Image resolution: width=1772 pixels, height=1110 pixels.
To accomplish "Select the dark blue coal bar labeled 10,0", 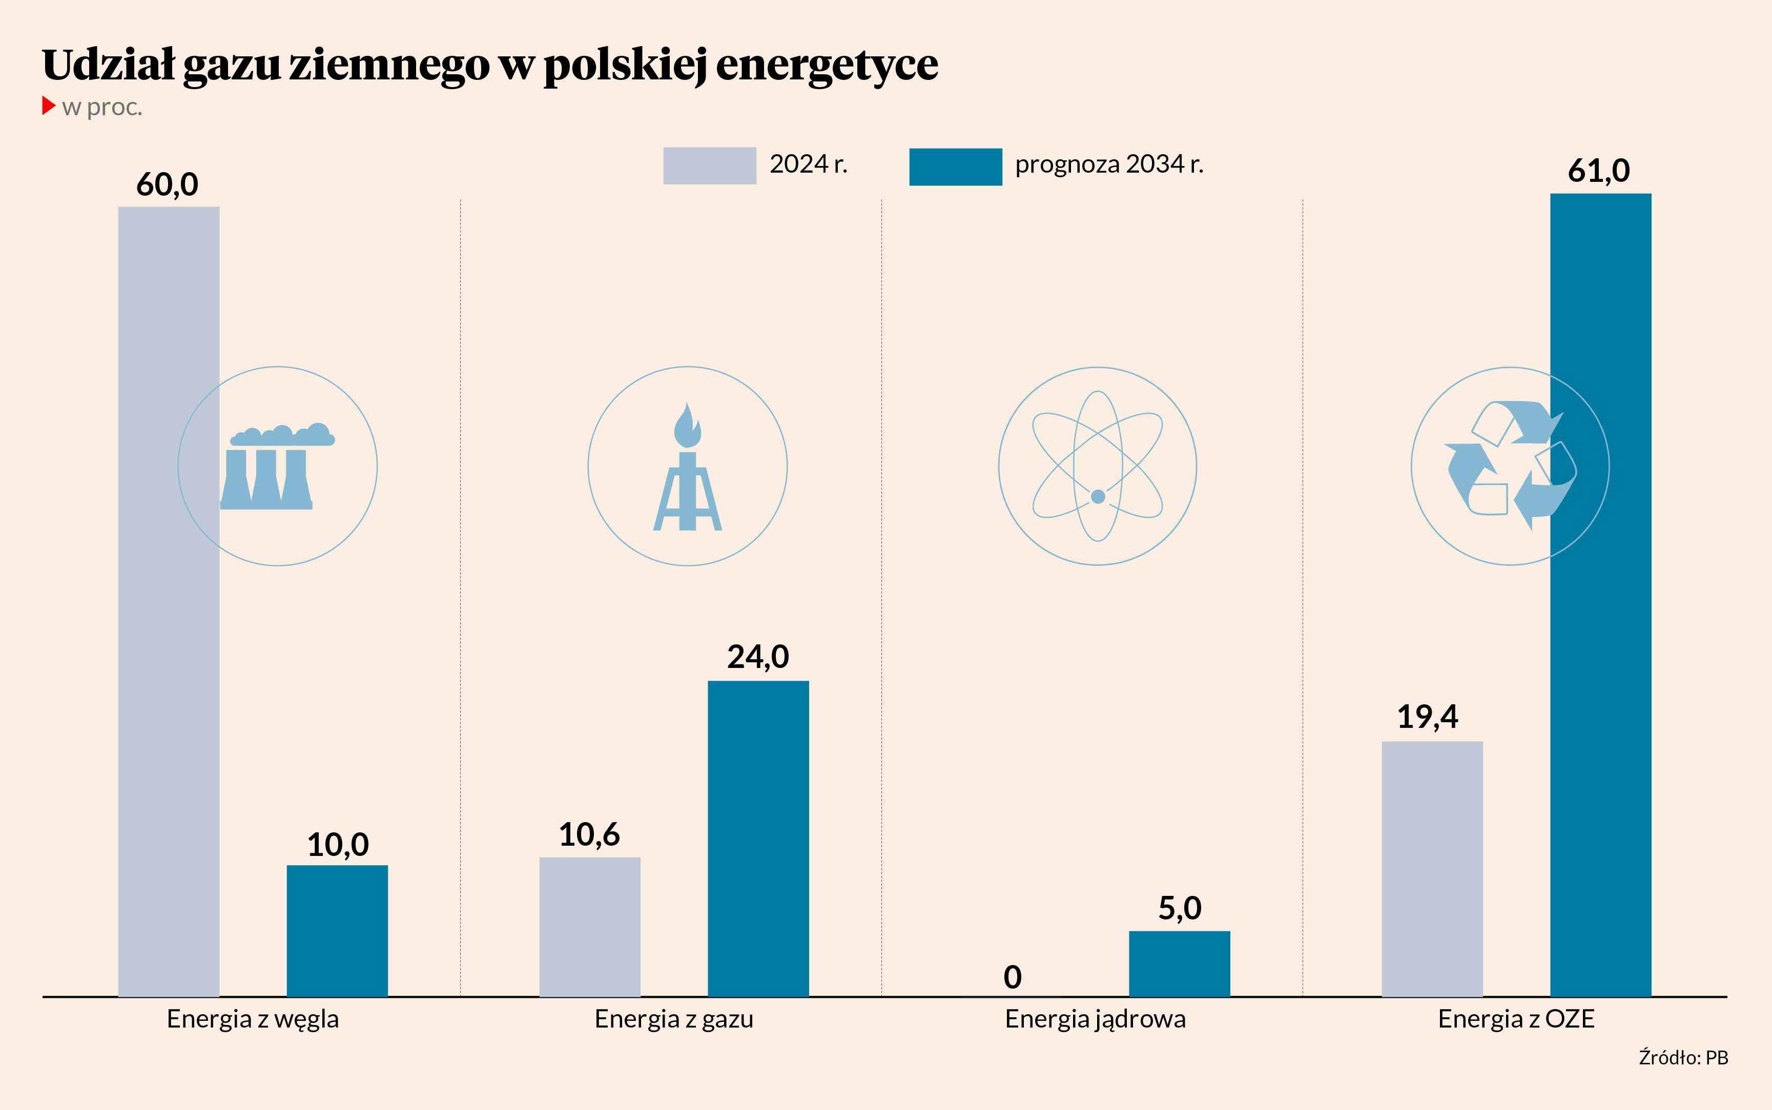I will (x=337, y=930).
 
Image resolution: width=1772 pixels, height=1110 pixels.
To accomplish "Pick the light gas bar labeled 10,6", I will (x=590, y=927).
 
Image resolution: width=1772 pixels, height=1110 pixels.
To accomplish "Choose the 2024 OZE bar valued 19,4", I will (x=1431, y=868).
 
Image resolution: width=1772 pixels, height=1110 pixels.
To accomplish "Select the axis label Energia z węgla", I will (x=253, y=1019).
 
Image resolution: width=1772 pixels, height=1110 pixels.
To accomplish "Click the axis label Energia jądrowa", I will (x=1095, y=1019).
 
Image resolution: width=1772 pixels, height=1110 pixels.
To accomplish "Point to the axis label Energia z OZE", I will (x=1516, y=1019).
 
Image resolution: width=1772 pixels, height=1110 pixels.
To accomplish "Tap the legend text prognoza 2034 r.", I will (x=1109, y=164).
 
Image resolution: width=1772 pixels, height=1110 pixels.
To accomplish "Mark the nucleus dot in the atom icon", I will (x=1098, y=497).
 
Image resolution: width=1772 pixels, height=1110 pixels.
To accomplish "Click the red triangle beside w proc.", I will (x=49, y=106).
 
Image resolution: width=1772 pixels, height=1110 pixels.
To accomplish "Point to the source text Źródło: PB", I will (x=1683, y=1058).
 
